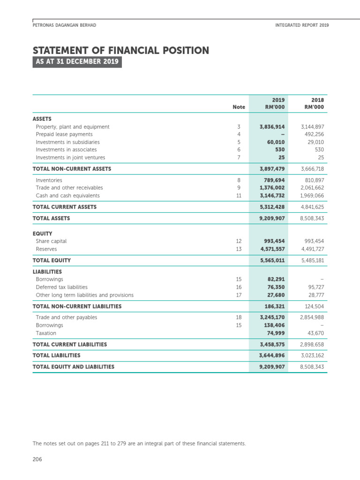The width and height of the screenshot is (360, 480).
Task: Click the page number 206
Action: [x=37, y=459]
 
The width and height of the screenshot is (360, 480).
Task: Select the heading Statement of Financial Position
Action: [x=120, y=51]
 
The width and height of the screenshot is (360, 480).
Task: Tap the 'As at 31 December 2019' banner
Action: [x=77, y=62]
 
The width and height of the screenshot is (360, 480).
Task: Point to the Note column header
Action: [x=239, y=107]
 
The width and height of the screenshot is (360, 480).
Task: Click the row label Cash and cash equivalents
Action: [x=67, y=195]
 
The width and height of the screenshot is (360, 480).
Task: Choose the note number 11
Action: [x=239, y=195]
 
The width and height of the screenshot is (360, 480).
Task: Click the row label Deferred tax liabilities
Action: [x=61, y=287]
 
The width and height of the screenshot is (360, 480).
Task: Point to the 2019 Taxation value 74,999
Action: [x=274, y=333]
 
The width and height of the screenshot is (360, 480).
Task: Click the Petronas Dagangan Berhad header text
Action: [x=64, y=25]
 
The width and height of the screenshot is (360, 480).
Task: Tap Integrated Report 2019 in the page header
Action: [x=302, y=25]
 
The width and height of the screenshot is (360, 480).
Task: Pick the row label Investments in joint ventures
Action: [x=70, y=157]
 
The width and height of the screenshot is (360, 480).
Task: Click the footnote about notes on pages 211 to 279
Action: [x=139, y=443]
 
